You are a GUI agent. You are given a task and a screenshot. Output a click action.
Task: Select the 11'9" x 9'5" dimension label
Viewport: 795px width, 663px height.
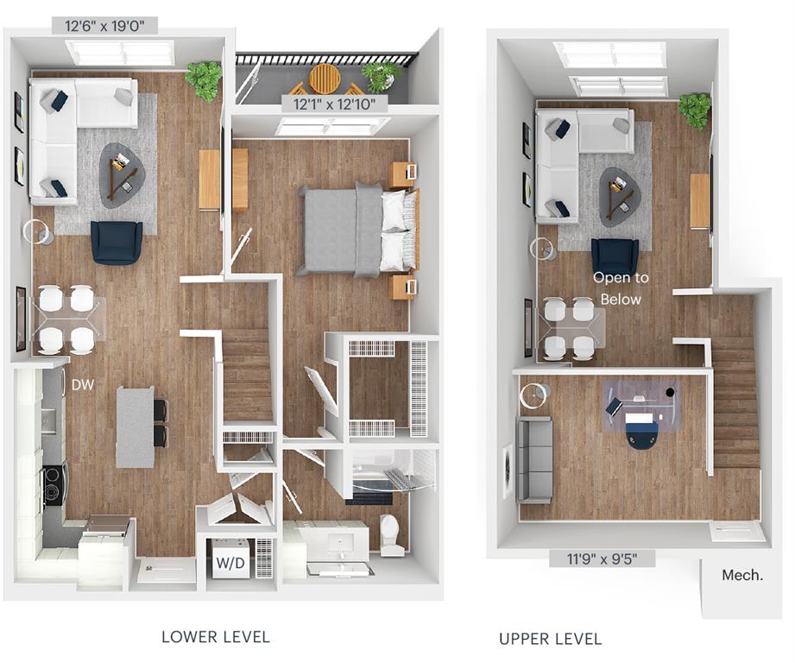coord(601,558)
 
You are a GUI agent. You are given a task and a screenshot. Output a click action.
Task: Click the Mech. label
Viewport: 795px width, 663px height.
coord(741,574)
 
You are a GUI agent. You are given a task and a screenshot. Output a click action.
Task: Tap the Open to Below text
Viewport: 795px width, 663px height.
coord(620,288)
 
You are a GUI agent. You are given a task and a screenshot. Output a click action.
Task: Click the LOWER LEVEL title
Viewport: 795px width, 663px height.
coord(216,637)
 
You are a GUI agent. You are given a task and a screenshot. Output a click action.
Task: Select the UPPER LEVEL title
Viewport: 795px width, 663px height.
coord(550,639)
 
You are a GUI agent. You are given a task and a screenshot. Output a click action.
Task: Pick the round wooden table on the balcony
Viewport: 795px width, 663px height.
coord(325,78)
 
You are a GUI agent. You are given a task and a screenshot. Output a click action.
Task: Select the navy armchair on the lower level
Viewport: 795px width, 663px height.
coord(117,242)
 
